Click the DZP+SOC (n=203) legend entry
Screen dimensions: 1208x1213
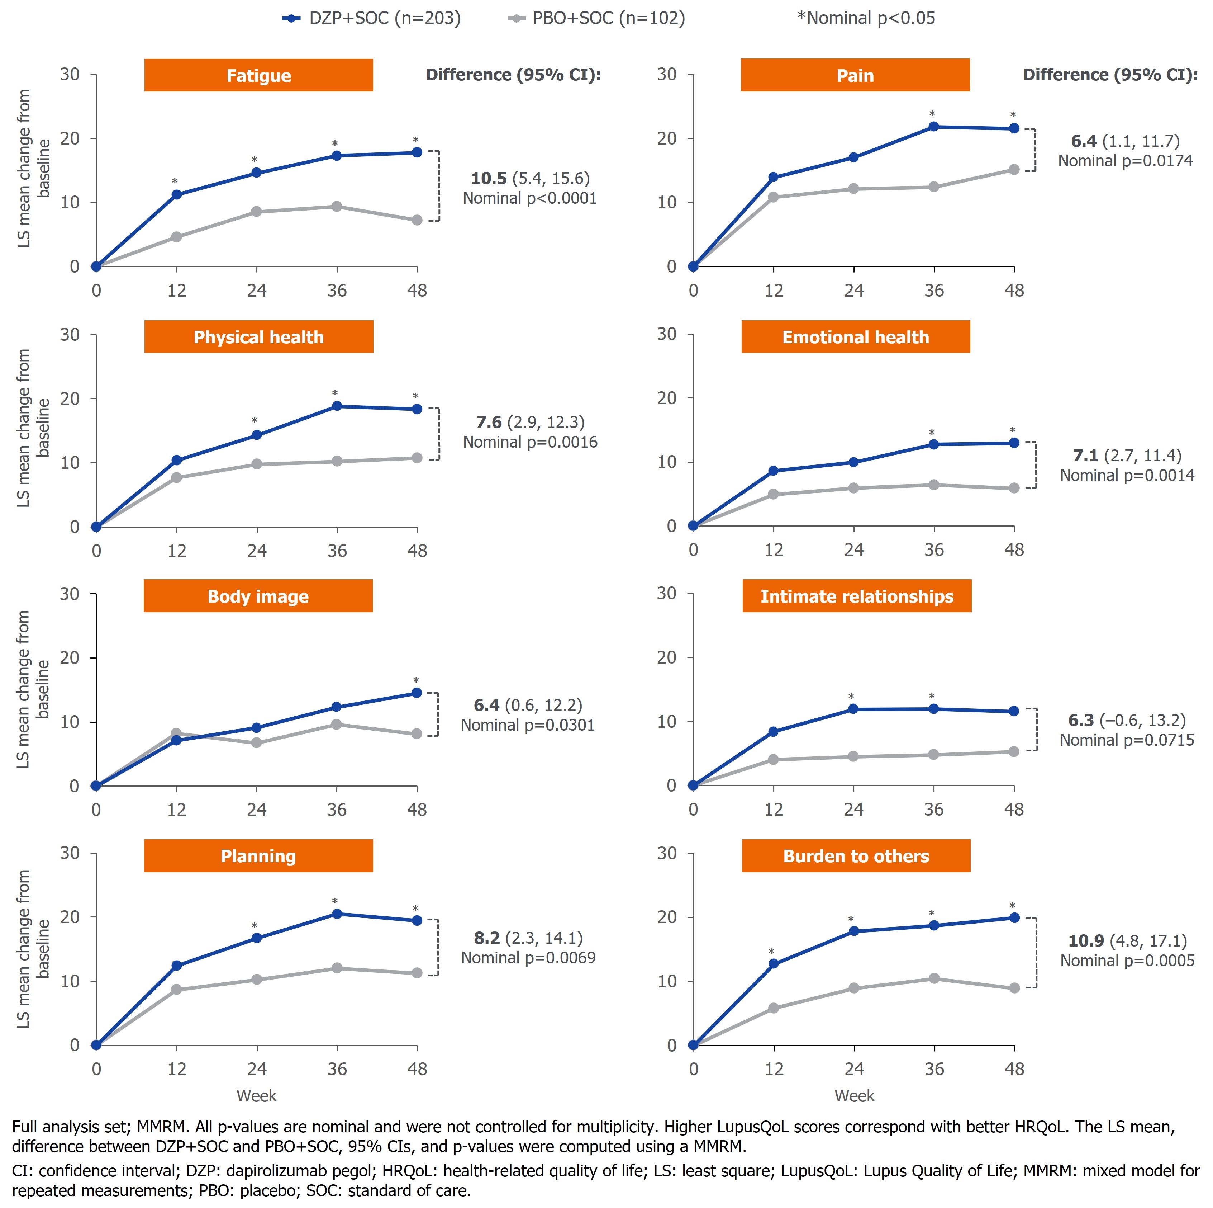[x=372, y=18]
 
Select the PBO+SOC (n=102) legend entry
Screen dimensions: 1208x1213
[x=596, y=18]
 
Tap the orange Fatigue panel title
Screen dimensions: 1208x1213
[x=259, y=75]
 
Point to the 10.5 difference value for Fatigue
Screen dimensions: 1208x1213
[x=489, y=178]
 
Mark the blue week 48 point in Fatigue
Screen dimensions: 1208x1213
[x=417, y=152]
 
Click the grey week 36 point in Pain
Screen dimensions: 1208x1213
[x=934, y=187]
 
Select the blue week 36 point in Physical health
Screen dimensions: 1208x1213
[x=337, y=406]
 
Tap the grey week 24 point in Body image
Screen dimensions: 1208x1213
[x=256, y=742]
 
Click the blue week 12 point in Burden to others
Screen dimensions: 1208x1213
[x=774, y=964]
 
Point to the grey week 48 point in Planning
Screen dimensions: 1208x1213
[x=417, y=973]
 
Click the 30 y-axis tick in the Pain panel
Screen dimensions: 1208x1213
[x=667, y=75]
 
